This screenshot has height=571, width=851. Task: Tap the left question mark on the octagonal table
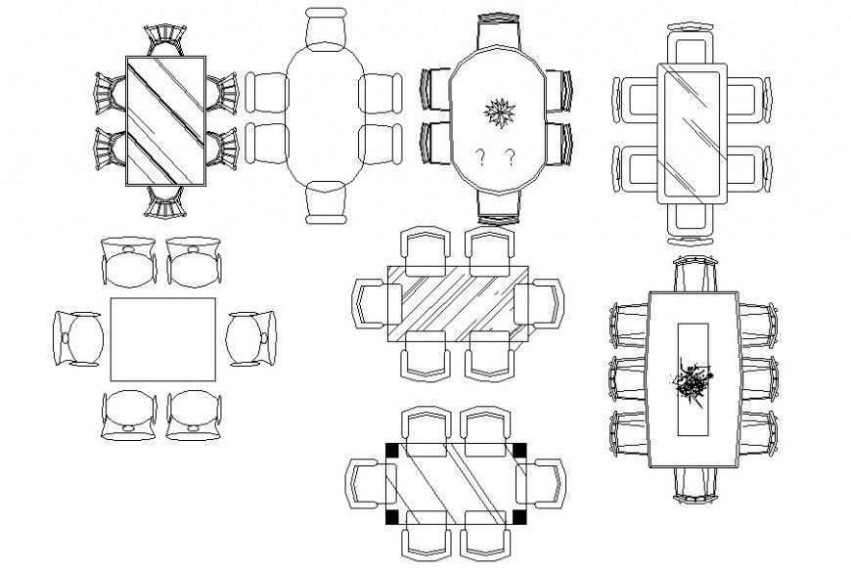pos(480,156)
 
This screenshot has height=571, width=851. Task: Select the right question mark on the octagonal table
pos(511,156)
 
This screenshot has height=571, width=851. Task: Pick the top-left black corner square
pos(392,450)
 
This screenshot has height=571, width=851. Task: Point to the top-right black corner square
pos(519,450)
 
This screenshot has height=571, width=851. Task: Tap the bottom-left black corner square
pos(392,515)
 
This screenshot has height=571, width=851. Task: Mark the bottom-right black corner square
pos(519,515)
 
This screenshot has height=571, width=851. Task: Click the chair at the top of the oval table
pos(325,29)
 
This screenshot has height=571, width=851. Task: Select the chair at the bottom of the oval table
pos(325,202)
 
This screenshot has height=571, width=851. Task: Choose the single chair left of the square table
pos(78,338)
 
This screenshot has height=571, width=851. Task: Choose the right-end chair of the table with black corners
pos(548,483)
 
